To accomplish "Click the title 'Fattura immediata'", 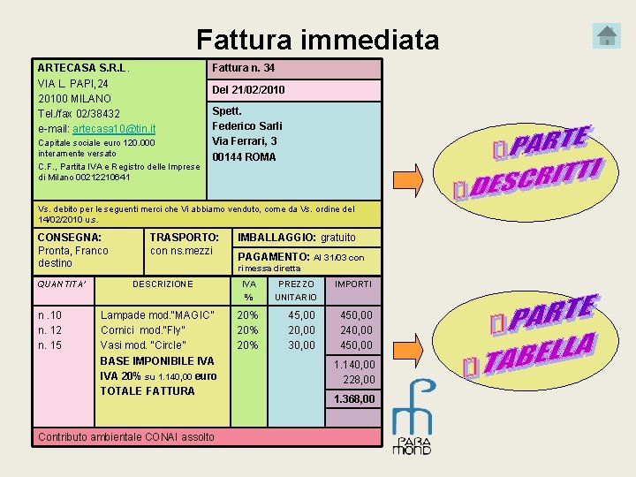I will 317,40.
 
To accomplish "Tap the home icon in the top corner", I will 608,36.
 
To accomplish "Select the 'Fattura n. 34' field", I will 244,68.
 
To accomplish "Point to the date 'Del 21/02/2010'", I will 248,90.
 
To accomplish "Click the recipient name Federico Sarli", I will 247,125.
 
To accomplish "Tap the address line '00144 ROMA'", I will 244,156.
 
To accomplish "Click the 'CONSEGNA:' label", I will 70,237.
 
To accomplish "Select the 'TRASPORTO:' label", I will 185,237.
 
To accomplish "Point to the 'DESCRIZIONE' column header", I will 163,284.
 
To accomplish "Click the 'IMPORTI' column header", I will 353,284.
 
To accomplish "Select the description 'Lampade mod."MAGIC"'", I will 157,315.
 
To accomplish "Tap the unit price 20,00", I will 301,330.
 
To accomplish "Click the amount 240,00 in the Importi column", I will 357,330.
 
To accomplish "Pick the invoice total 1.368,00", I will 353,399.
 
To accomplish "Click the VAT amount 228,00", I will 359,380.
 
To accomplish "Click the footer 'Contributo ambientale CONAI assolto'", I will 125,436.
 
